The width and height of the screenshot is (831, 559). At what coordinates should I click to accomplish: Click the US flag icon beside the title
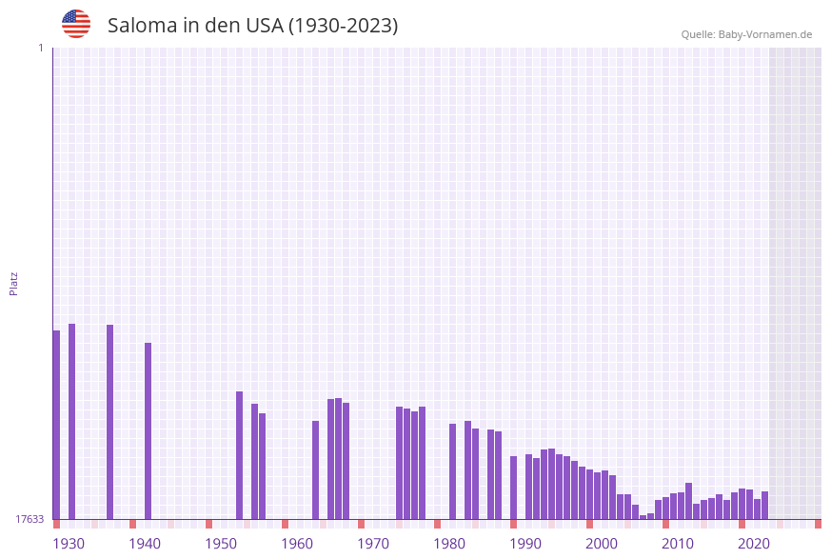(76, 24)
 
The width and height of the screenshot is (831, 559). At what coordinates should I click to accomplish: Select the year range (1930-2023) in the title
(343, 26)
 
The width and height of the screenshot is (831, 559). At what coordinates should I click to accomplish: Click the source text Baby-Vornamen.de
(765, 34)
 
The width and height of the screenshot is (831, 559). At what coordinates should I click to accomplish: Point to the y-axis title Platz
(14, 283)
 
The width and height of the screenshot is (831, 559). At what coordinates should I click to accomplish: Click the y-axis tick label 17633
(30, 519)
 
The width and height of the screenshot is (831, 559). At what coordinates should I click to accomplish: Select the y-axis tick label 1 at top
(40, 48)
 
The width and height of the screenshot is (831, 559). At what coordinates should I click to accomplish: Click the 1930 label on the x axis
(69, 544)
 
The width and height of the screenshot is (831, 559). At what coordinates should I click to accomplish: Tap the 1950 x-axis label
(221, 544)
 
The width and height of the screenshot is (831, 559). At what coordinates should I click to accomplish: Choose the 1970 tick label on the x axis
(373, 544)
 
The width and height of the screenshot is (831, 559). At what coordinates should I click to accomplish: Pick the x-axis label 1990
(525, 544)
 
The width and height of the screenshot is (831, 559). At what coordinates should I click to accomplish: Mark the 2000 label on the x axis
(602, 544)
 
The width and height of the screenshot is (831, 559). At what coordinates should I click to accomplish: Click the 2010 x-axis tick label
(678, 544)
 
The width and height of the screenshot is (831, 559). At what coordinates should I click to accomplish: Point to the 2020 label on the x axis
(754, 544)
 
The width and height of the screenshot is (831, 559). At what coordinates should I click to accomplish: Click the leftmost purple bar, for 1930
(56, 424)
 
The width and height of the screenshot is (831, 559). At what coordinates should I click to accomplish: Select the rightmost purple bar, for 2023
(764, 505)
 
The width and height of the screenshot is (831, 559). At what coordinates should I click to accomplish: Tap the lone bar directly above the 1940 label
(148, 430)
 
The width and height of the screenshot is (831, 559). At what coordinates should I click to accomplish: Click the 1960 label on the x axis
(297, 544)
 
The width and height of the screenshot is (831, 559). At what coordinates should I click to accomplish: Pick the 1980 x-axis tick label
(449, 544)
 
